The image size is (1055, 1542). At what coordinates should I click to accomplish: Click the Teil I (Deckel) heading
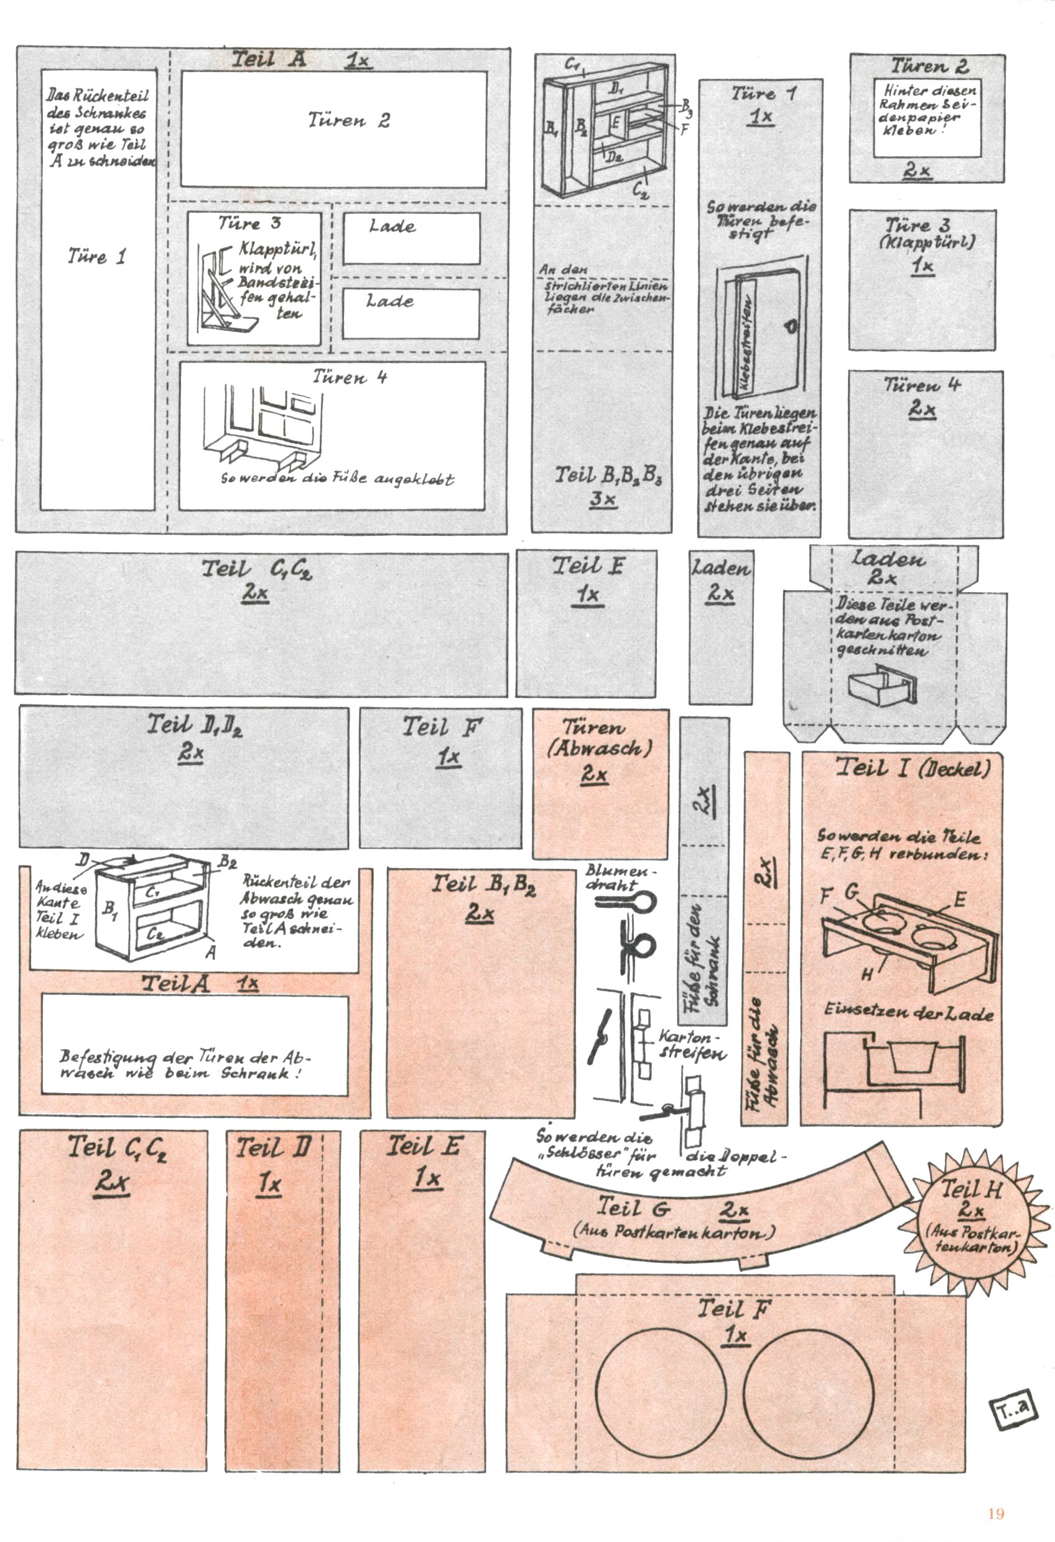point(913,769)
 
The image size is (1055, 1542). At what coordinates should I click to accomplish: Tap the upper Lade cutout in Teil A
point(411,238)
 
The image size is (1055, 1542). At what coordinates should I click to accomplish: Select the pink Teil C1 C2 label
point(117,1161)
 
